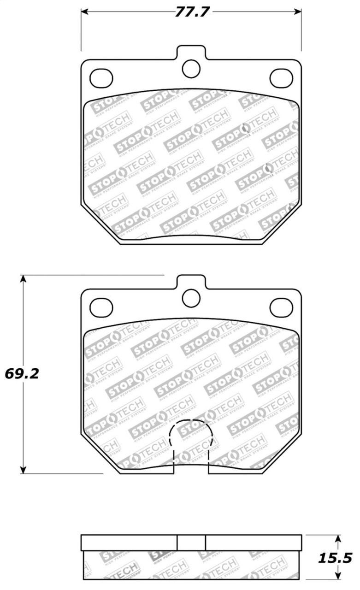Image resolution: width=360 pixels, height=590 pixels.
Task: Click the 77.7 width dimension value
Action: [191, 12]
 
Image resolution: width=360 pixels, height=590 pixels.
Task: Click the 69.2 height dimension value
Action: [22, 373]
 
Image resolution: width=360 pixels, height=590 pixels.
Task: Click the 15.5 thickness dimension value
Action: [336, 558]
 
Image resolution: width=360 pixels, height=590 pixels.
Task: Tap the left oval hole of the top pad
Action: [101, 78]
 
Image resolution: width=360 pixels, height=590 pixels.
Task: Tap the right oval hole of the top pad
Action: [281, 78]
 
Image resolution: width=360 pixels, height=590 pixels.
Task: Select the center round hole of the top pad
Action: [191, 69]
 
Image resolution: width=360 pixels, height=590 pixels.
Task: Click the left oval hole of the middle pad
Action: [101, 307]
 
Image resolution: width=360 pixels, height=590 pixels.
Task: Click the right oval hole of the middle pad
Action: [281, 307]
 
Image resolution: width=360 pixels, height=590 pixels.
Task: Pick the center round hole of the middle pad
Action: [191, 298]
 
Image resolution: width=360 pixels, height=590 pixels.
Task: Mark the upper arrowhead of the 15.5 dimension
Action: [338, 540]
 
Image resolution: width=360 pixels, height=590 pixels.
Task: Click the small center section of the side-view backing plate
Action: [191, 543]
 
